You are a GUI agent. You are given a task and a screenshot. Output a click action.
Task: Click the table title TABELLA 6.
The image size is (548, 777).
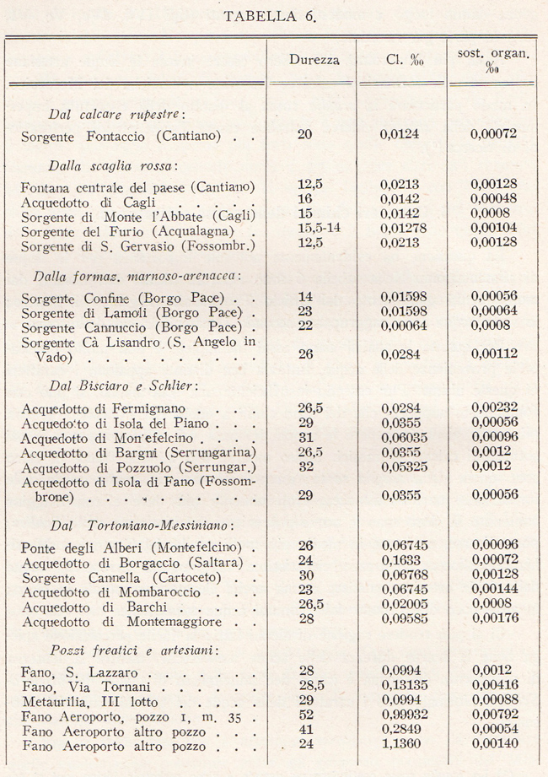click(274, 16)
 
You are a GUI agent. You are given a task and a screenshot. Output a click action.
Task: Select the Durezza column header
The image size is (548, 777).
click(314, 60)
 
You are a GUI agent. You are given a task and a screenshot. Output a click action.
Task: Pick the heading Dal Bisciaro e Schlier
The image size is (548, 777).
click(124, 386)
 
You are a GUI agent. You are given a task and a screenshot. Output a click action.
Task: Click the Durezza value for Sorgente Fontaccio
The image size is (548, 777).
click(305, 133)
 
